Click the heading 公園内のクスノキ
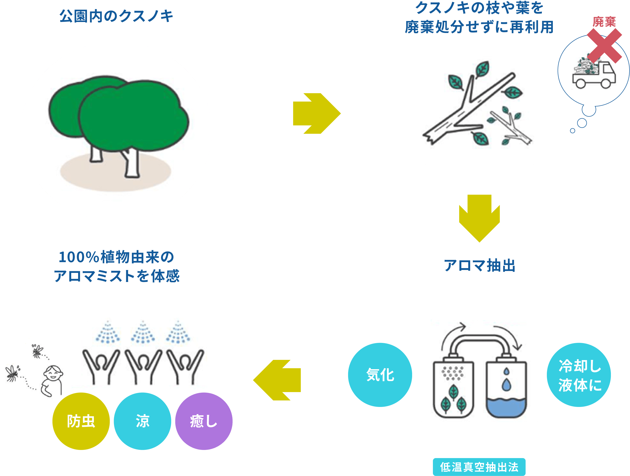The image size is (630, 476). [116, 16]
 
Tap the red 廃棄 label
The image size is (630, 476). [604, 22]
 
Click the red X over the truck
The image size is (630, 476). [604, 46]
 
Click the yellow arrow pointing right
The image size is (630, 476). [317, 113]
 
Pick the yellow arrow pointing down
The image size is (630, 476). [479, 218]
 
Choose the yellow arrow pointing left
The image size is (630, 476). [277, 380]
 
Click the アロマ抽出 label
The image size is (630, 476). [480, 265]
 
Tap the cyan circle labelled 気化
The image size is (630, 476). [380, 375]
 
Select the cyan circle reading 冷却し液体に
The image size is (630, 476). [579, 375]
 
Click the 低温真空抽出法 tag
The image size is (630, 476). [479, 467]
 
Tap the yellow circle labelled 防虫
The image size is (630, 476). [81, 421]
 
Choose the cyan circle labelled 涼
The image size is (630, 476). [142, 421]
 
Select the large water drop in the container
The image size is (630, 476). [506, 385]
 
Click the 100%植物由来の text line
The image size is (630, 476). [116, 257]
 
